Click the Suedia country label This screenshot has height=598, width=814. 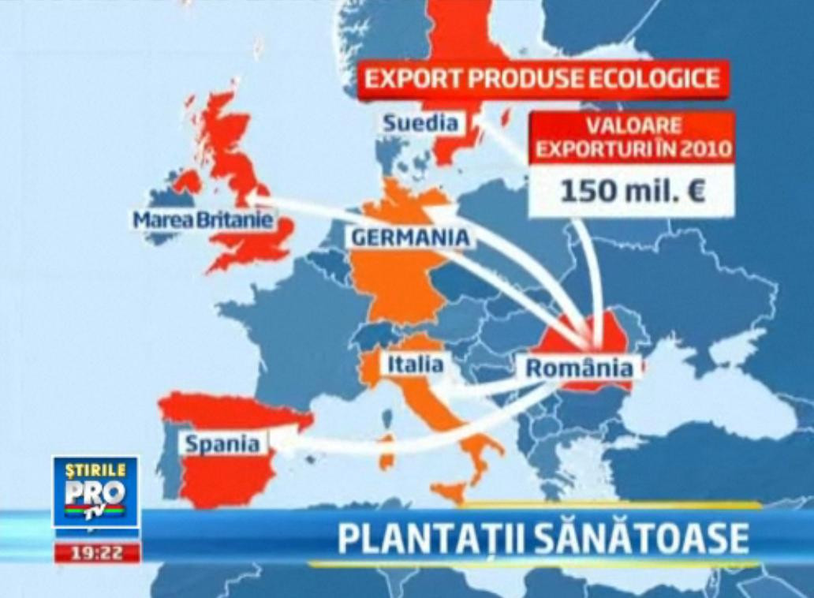(x=421, y=123)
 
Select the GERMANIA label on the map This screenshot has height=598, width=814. (x=410, y=237)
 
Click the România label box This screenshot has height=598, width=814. (x=578, y=368)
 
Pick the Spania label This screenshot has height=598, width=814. (x=223, y=443)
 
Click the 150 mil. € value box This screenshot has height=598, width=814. (x=631, y=192)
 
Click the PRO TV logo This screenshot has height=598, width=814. (x=95, y=496)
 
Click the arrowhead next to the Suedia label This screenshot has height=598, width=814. (x=482, y=121)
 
